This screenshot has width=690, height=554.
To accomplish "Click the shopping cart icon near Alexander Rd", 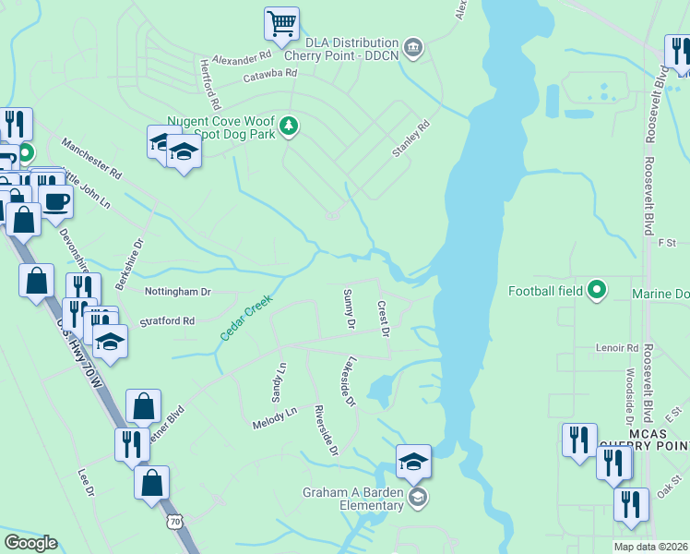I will [x=281, y=22].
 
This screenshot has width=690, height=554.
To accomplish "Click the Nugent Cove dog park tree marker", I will [x=289, y=126].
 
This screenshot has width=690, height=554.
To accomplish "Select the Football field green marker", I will [x=596, y=291].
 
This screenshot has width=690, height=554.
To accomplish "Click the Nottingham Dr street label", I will [x=178, y=292].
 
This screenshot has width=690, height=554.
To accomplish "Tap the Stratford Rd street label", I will [x=167, y=321].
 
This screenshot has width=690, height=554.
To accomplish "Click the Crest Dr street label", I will [x=383, y=318].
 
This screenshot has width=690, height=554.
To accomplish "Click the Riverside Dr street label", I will [x=326, y=430].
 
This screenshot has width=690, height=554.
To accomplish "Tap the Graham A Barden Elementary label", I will [x=353, y=499].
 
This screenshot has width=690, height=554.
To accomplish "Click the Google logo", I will [x=30, y=543].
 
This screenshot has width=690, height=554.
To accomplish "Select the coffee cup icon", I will [x=55, y=200].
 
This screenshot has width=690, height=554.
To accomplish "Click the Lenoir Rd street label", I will [x=617, y=348].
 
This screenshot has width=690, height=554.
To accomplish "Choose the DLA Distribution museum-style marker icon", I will [x=413, y=47].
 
